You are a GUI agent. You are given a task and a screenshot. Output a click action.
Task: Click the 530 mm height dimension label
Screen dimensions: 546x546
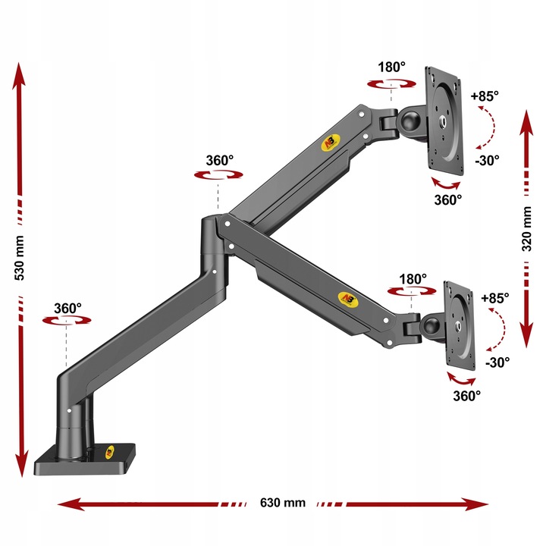coord(20,258)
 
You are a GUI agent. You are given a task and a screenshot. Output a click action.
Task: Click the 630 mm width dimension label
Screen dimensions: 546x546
coord(282,503)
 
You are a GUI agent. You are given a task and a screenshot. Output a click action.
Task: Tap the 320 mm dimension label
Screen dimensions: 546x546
coord(526,229)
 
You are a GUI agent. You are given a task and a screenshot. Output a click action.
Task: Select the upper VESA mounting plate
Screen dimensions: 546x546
coord(444,121)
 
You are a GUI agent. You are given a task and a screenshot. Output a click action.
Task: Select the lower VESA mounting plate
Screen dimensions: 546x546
coord(460,325)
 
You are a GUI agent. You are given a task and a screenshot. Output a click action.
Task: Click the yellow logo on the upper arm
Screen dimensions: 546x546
coord(330,143)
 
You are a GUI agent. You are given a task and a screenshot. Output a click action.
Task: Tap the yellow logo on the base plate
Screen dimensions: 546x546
coord(110,452)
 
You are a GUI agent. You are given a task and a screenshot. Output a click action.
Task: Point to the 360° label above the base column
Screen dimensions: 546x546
coord(67,309)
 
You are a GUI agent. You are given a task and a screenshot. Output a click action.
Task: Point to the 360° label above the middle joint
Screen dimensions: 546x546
coord(219,161)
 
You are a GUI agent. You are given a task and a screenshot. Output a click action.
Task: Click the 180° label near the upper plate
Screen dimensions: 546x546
coord(391,67)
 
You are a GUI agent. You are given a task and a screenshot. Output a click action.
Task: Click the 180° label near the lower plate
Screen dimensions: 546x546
coord(413,279)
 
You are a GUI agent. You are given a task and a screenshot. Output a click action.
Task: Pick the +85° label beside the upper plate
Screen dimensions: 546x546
coord(485,96)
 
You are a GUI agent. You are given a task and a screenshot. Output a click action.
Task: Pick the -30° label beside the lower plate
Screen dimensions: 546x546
coord(497,362)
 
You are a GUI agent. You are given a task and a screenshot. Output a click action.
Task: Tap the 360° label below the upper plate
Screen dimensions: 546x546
coord(448,200)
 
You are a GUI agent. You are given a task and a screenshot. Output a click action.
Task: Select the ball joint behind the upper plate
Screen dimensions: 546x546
coord(411,121)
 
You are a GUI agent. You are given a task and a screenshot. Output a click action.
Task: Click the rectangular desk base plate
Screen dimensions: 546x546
coord(85,460)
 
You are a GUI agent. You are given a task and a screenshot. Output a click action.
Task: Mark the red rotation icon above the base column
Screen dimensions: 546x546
coord(67,320)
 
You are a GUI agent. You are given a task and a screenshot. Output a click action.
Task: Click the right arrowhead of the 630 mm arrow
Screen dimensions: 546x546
coord(477,504)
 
